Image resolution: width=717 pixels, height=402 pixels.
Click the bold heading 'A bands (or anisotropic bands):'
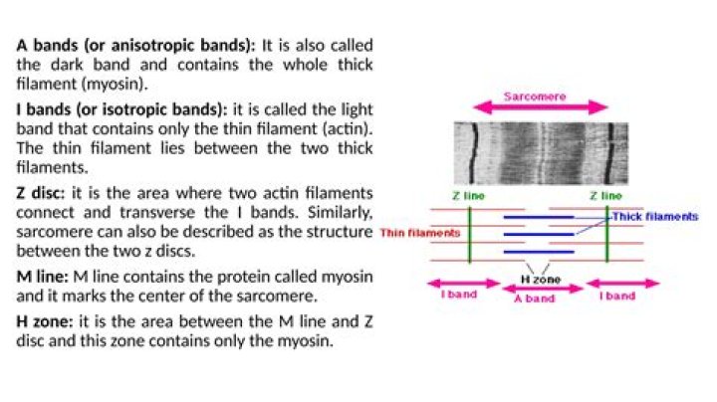click(x=135, y=46)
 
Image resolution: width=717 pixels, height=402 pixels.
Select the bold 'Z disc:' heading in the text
click(x=42, y=192)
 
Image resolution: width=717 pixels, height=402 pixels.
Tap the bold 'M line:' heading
click(x=46, y=276)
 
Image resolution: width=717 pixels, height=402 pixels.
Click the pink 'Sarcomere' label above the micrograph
click(x=535, y=97)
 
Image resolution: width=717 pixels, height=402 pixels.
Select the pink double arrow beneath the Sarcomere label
click(x=541, y=108)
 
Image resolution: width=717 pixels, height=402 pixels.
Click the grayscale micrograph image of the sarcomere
click(x=541, y=152)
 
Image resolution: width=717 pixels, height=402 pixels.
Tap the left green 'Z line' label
click(x=468, y=196)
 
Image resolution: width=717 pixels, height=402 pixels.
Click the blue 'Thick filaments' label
click(x=654, y=215)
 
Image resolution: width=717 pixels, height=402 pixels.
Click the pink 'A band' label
click(x=534, y=298)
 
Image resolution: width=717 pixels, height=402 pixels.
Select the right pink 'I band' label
click(x=617, y=295)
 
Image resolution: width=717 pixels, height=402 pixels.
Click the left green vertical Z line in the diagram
click(x=469, y=234)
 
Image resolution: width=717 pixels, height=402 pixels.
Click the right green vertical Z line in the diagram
click(x=606, y=234)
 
